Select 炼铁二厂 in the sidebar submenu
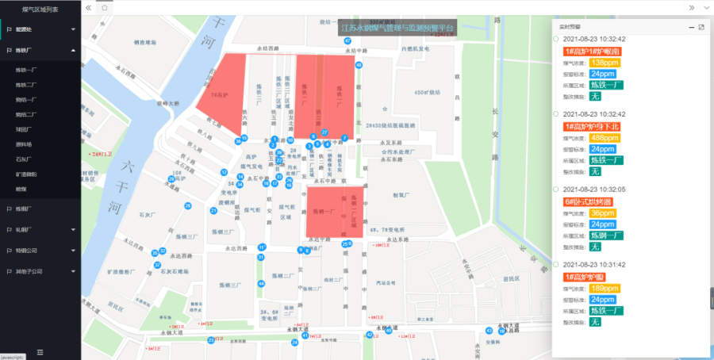tap(27, 84)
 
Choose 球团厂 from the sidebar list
tap(25, 128)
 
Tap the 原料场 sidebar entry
tap(25, 144)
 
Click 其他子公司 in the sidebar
tap(29, 270)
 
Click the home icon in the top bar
tap(105, 7)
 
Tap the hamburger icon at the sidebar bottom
tap(40, 351)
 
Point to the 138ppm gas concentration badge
tap(605, 63)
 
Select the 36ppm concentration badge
tap(603, 213)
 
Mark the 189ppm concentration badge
tap(605, 289)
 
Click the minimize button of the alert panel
tap(691, 28)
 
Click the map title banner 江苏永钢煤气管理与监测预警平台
tap(397, 29)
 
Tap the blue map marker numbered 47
tap(347, 41)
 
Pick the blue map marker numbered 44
tap(261, 283)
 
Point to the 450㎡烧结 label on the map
tap(428, 92)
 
